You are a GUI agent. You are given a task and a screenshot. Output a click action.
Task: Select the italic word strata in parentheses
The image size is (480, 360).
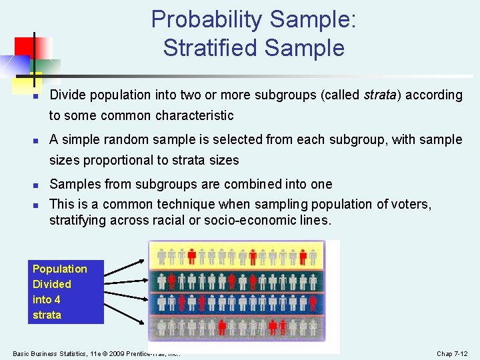381,95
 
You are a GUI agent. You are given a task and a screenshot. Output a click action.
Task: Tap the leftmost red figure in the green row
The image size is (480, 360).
172,281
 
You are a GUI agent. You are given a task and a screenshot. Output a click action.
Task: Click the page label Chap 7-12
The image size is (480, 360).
452,353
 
